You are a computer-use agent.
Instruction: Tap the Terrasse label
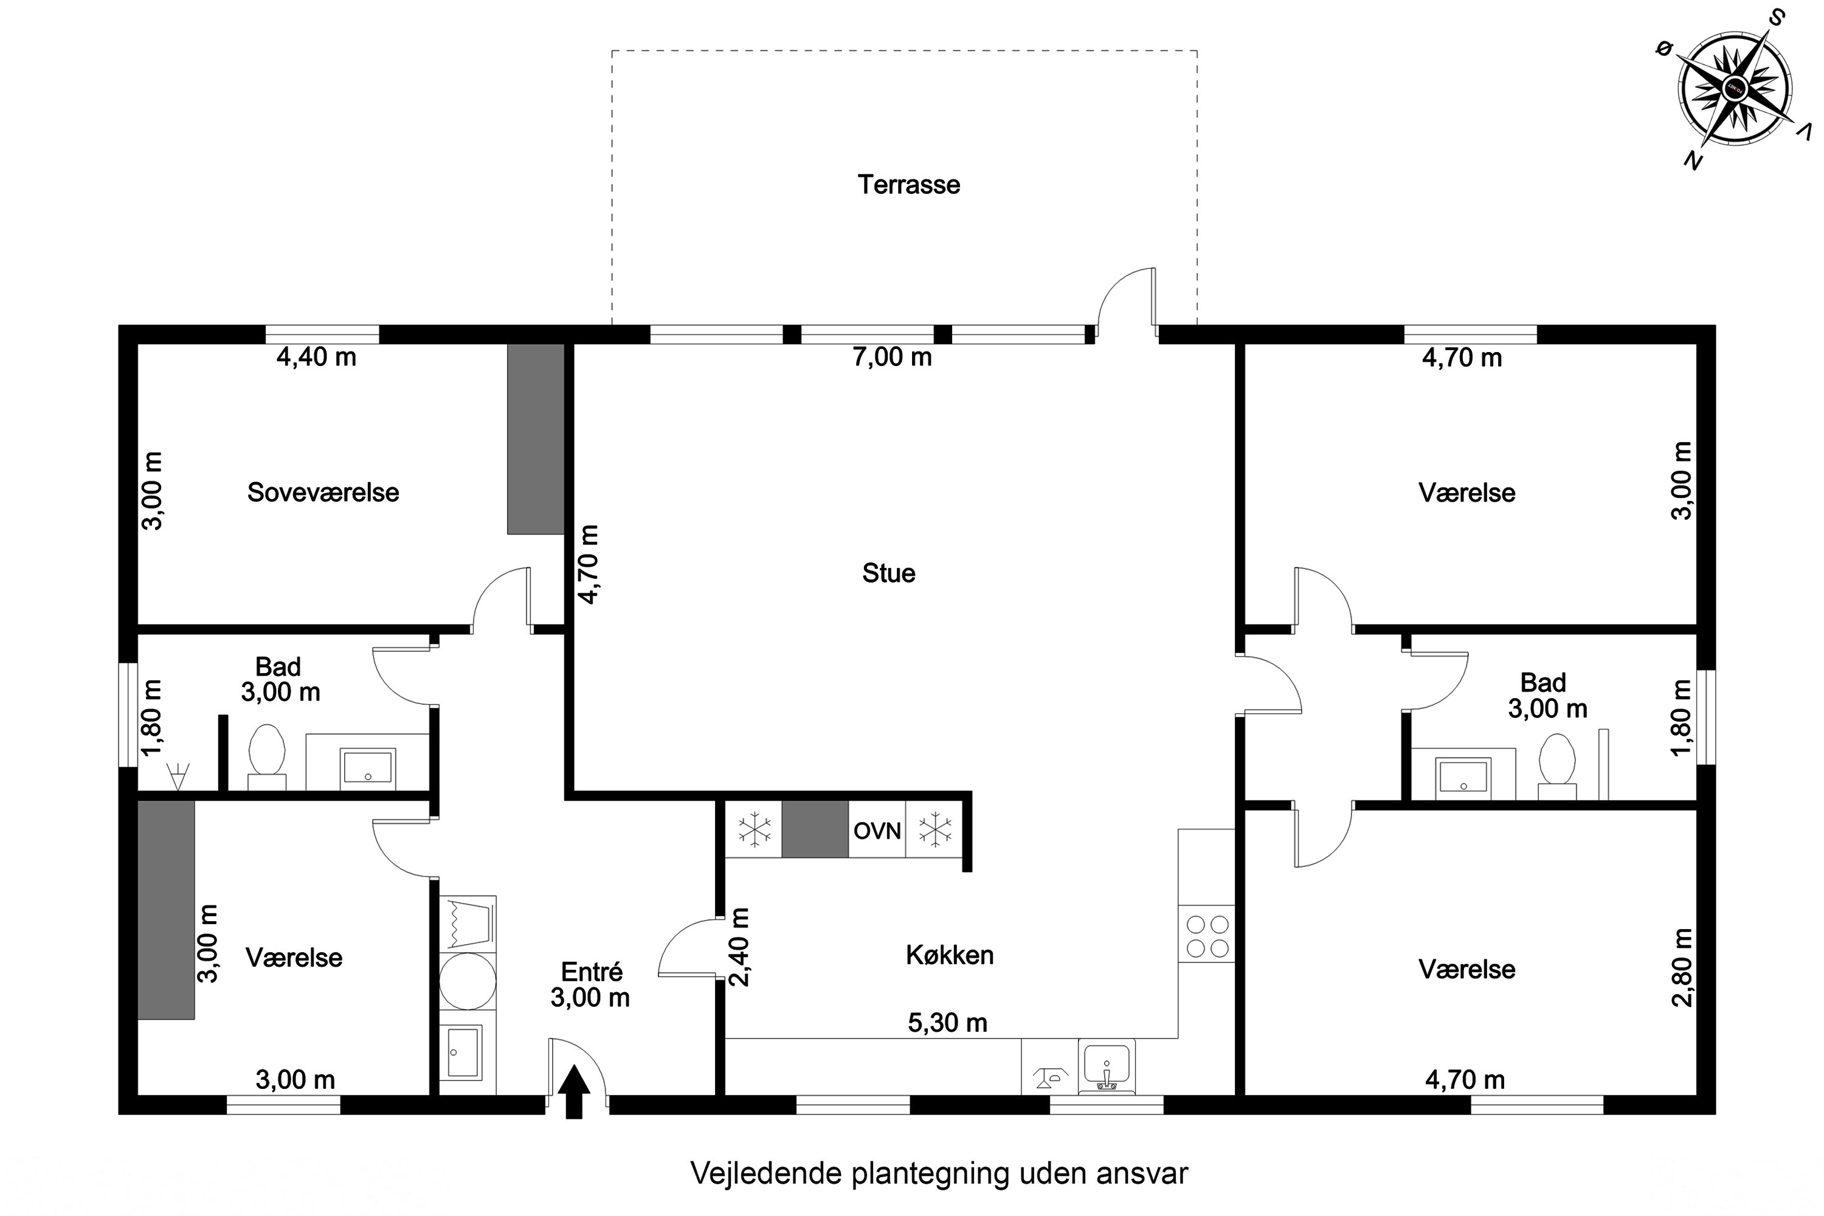tap(908, 185)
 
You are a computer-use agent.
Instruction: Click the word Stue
tap(889, 573)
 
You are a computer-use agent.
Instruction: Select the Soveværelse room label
tap(323, 492)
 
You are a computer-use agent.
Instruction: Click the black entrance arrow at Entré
tap(574, 1091)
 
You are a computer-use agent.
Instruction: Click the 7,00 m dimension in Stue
tap(892, 357)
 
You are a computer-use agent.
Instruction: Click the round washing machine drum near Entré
tap(467, 980)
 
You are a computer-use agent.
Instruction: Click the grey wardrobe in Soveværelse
tap(535, 439)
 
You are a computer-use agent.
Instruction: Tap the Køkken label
tap(949, 955)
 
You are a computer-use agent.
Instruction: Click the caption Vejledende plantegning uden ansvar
tap(938, 1173)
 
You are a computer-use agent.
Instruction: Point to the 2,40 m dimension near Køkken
tap(741, 947)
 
